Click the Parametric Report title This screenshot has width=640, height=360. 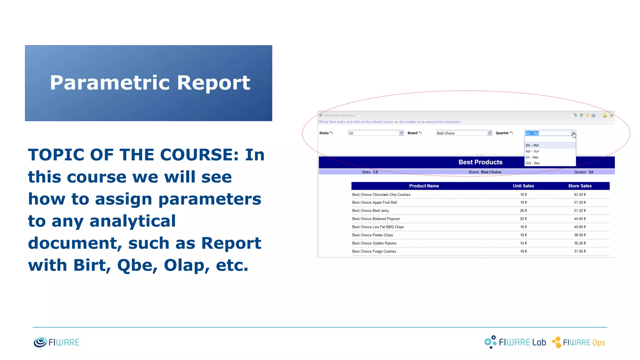150,83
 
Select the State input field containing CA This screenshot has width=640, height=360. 373,133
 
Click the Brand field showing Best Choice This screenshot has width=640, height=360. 462,133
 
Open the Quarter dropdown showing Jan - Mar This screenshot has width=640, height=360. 573,133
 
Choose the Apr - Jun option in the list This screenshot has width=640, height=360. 532,151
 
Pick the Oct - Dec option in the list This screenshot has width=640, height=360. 532,163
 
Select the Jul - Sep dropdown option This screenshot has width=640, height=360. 532,157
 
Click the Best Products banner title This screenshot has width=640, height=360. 480,162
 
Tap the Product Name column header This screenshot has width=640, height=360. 424,186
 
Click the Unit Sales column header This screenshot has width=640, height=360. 523,186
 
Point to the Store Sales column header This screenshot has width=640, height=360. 580,186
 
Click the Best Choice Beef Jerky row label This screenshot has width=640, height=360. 371,211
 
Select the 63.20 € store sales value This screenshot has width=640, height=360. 580,195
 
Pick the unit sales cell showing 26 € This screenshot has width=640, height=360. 523,211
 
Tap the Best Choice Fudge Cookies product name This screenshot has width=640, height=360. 374,251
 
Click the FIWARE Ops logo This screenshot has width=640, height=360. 578,342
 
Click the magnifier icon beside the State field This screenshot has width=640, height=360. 402,133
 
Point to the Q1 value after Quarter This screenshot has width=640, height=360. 591,172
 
